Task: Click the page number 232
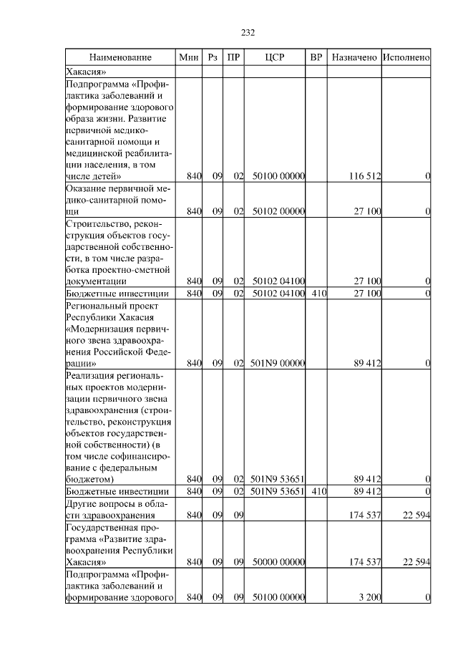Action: coord(248,32)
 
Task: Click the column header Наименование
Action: coord(120,57)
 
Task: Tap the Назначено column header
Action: coord(354,57)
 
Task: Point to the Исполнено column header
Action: coord(406,57)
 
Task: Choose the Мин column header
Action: coord(189,57)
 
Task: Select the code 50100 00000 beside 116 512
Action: coord(278,176)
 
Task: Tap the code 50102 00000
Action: coord(278,211)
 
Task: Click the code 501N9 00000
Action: coord(278,363)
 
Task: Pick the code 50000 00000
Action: coord(278,562)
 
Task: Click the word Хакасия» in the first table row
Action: coord(87,72)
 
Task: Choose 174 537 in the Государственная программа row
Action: coord(364,562)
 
